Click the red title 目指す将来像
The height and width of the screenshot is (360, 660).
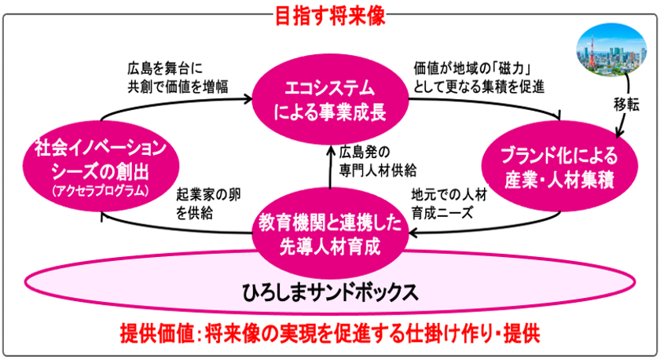click(331, 17)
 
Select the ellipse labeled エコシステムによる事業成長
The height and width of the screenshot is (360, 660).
click(331, 100)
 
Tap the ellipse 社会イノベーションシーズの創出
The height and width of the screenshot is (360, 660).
click(101, 167)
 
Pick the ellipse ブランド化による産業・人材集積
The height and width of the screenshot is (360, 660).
click(559, 167)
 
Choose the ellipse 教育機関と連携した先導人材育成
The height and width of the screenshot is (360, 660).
click(331, 233)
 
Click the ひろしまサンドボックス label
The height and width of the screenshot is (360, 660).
click(331, 292)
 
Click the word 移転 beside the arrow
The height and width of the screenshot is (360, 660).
click(626, 105)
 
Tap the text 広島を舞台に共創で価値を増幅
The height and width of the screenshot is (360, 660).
click(178, 78)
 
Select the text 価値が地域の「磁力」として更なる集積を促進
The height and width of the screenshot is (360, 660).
click(478, 78)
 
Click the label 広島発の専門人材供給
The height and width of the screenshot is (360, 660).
click(378, 161)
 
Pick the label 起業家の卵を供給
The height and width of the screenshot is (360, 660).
click(209, 204)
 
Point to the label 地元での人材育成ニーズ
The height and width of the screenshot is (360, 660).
click(449, 204)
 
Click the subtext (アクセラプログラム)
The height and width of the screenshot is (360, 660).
click(101, 191)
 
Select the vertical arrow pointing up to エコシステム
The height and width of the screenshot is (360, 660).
click(331, 167)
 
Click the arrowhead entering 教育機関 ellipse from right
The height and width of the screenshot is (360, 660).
click(413, 232)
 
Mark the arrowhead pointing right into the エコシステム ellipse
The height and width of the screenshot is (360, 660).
click(248, 99)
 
